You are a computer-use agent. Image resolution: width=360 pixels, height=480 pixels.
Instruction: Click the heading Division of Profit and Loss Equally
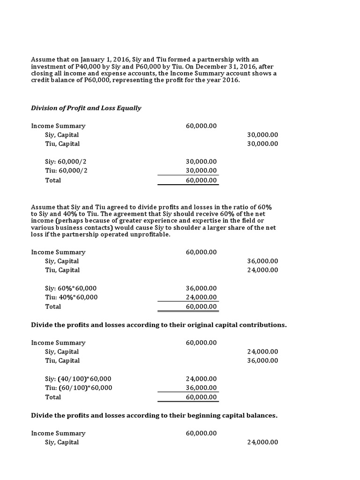coord(86,108)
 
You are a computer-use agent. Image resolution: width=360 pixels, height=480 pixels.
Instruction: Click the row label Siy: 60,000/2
coord(66,162)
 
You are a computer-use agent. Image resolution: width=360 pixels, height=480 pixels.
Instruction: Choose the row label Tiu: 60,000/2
coord(66,171)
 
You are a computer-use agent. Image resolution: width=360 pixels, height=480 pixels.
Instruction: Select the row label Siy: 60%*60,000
coord(71,288)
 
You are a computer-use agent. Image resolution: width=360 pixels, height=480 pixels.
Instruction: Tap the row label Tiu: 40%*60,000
coord(71,297)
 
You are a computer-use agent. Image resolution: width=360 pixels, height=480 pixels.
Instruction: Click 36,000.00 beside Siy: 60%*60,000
coord(201,288)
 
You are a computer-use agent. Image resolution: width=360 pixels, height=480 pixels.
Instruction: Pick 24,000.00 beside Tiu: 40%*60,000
coord(201,297)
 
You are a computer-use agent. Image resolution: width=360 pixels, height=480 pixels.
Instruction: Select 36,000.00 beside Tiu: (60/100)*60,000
coord(201,388)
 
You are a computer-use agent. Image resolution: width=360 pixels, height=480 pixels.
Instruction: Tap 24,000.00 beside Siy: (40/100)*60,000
coord(201,379)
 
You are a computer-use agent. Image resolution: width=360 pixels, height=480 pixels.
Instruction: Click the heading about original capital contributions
coord(158,324)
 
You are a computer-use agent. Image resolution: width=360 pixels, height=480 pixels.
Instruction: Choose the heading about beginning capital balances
coord(154,415)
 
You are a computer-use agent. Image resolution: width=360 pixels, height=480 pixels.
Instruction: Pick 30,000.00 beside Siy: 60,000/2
coord(201,162)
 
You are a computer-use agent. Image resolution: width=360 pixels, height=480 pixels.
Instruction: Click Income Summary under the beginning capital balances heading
coord(58,434)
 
